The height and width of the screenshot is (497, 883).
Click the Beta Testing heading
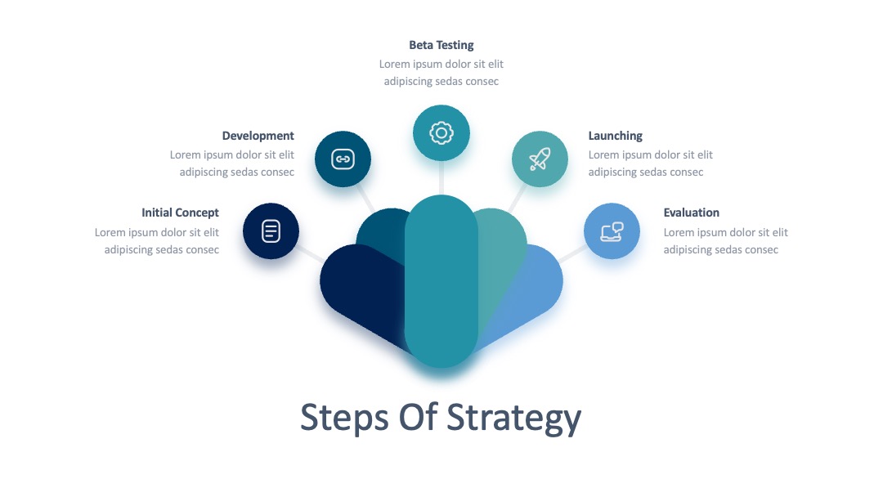(x=441, y=45)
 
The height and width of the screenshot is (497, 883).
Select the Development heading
(x=258, y=136)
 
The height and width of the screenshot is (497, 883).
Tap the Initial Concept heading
(x=180, y=213)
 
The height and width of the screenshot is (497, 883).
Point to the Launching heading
(x=616, y=136)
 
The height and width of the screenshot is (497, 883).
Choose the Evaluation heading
(x=692, y=213)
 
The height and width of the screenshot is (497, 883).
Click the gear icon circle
(x=441, y=133)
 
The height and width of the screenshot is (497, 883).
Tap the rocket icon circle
(x=540, y=159)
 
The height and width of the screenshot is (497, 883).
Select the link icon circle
(x=343, y=159)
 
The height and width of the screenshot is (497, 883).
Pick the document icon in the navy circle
(x=271, y=231)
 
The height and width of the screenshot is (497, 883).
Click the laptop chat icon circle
(x=612, y=231)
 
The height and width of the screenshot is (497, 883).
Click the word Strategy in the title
(x=513, y=419)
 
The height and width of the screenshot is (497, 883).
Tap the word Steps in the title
(x=345, y=419)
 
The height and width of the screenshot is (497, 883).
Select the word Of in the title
(x=418, y=417)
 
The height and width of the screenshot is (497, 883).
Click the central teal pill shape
(x=441, y=281)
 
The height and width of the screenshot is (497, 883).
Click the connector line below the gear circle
(x=441, y=178)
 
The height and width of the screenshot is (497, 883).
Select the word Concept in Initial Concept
(x=196, y=213)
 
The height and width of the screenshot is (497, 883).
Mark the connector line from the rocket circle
(x=518, y=198)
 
